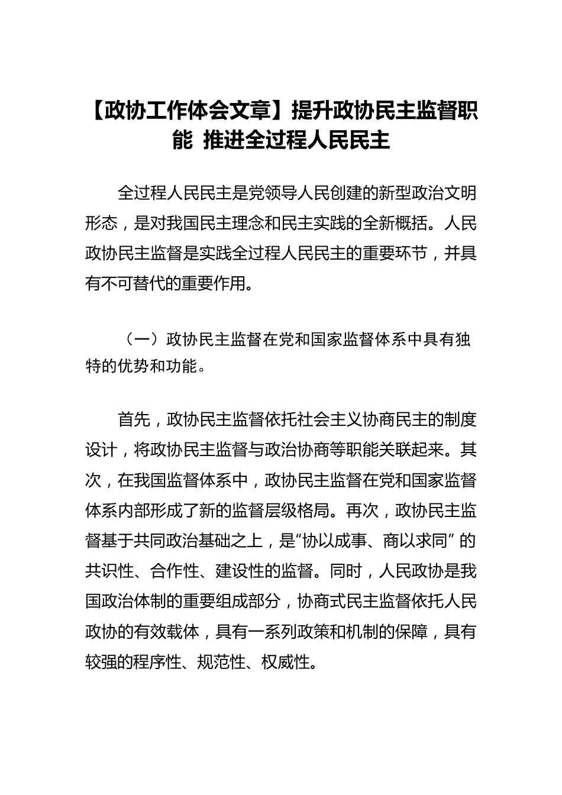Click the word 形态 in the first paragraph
click(102, 223)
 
